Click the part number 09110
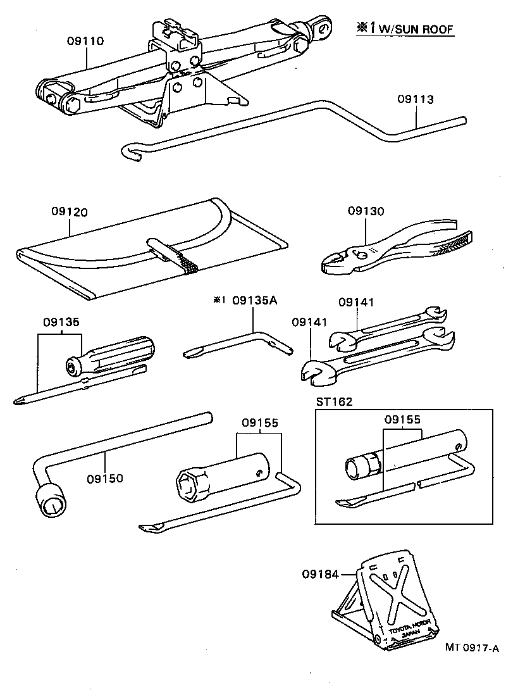pyautogui.click(x=85, y=41)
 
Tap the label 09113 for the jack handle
pyautogui.click(x=416, y=99)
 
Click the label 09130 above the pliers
pyautogui.click(x=365, y=211)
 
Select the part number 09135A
pyautogui.click(x=254, y=301)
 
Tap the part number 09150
pyautogui.click(x=106, y=479)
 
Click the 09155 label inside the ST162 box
pyautogui.click(x=403, y=419)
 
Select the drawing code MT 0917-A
pyautogui.click(x=472, y=647)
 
